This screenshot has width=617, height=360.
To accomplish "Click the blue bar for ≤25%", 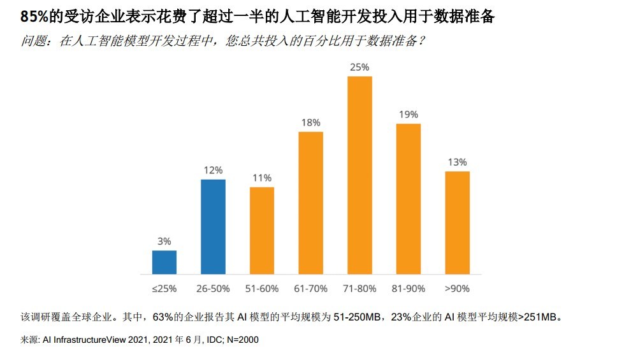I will pyautogui.click(x=164, y=263).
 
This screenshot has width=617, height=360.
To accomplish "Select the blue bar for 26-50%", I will pyautogui.click(x=213, y=227).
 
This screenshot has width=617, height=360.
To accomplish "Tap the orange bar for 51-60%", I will pyautogui.click(x=262, y=231).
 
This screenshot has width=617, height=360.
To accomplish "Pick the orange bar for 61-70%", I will pyautogui.click(x=310, y=203).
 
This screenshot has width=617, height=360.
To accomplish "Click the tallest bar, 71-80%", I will pyautogui.click(x=359, y=175).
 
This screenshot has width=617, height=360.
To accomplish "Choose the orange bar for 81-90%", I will pyautogui.click(x=409, y=199).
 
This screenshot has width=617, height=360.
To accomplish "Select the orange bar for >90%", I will pyautogui.click(x=457, y=222).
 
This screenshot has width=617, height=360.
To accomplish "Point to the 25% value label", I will pyautogui.click(x=359, y=67).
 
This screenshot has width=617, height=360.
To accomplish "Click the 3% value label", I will pyautogui.click(x=164, y=241).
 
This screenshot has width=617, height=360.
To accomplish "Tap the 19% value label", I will pyautogui.click(x=409, y=115).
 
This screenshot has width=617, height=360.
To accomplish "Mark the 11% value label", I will pyautogui.click(x=262, y=178).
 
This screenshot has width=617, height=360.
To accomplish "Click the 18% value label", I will pyautogui.click(x=310, y=122).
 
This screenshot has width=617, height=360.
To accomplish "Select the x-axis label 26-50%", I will pyautogui.click(x=213, y=289).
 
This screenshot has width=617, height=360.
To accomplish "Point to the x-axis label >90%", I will pyautogui.click(x=457, y=289).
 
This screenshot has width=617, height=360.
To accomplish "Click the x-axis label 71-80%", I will pyautogui.click(x=359, y=289).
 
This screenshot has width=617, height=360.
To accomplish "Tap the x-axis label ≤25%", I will pyautogui.click(x=164, y=289).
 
